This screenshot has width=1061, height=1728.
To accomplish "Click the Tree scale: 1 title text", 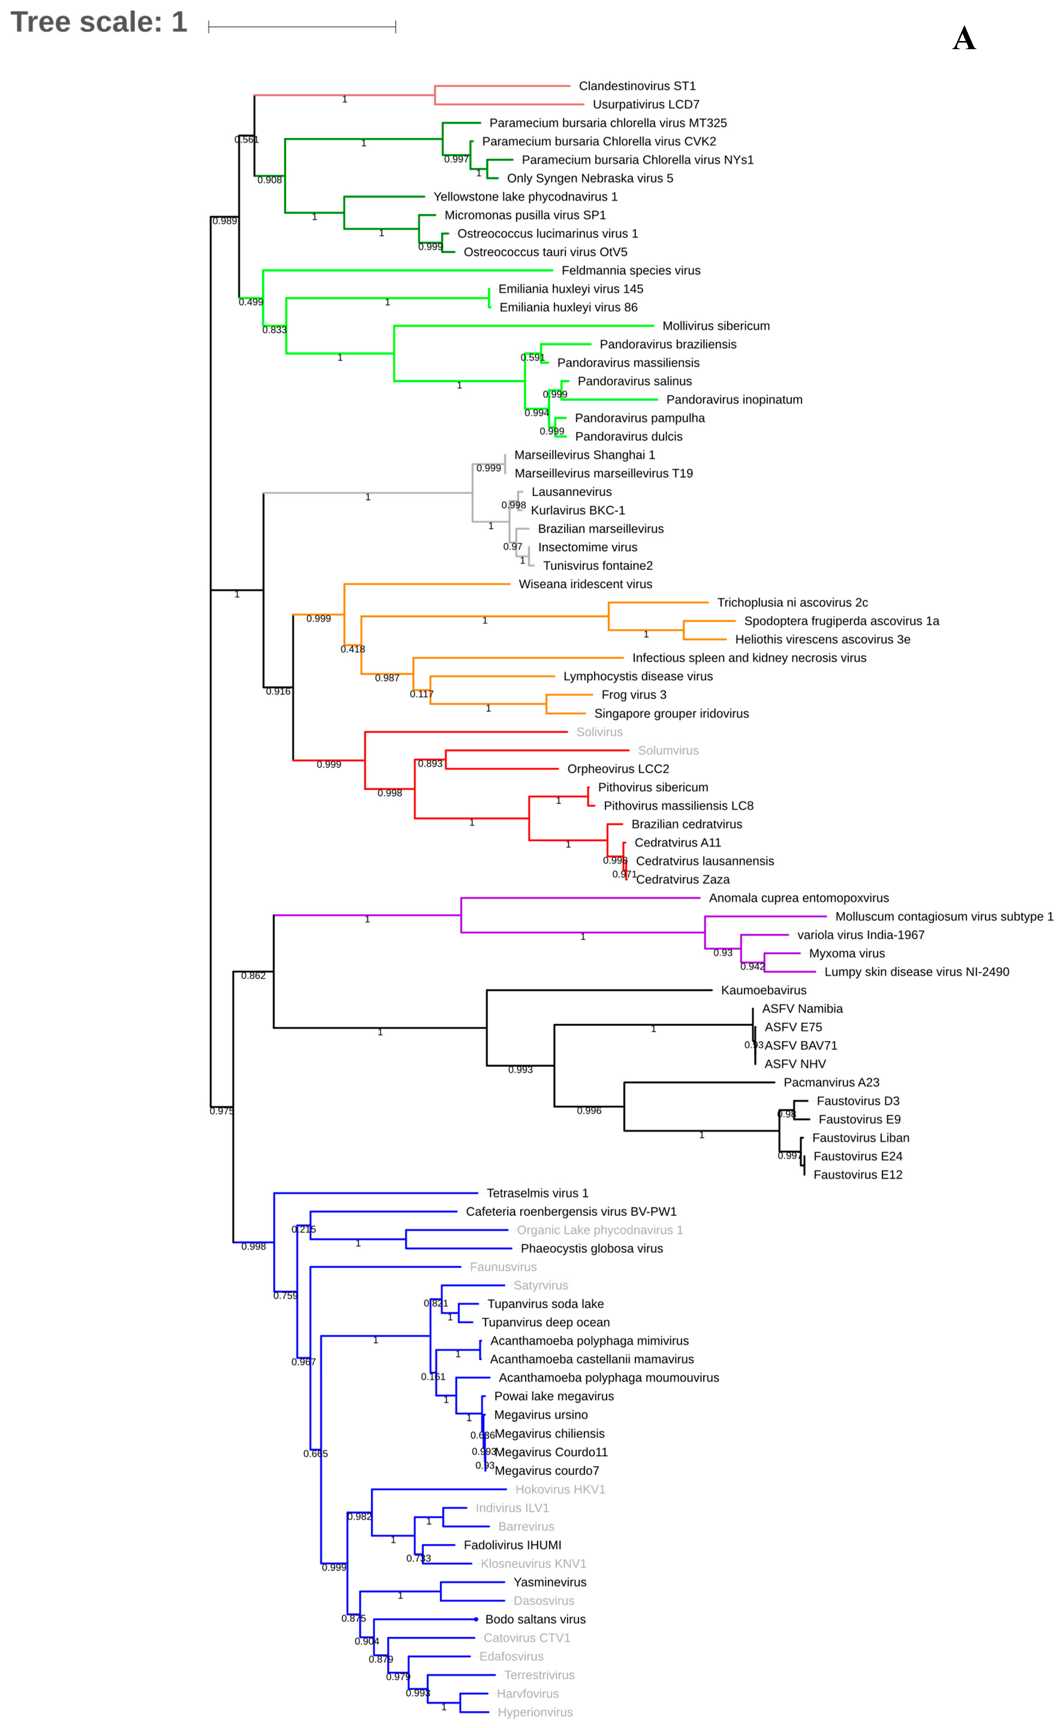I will [99, 22].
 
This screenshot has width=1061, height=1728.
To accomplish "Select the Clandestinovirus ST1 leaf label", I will [637, 86].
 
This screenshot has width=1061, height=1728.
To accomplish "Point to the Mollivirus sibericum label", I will [716, 325].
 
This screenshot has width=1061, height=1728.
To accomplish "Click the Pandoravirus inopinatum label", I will [734, 399].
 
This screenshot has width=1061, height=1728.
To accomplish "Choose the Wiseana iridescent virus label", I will [585, 584].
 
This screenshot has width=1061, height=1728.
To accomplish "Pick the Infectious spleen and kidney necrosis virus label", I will [749, 658].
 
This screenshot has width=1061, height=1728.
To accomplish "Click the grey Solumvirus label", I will [668, 750].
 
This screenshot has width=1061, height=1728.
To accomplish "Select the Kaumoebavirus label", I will [763, 990].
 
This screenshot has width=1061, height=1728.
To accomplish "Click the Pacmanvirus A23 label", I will [831, 1082].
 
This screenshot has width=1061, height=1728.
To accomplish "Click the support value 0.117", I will [422, 694].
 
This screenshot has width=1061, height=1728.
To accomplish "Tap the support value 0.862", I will [253, 975].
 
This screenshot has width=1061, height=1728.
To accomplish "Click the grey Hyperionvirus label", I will [535, 1712].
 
